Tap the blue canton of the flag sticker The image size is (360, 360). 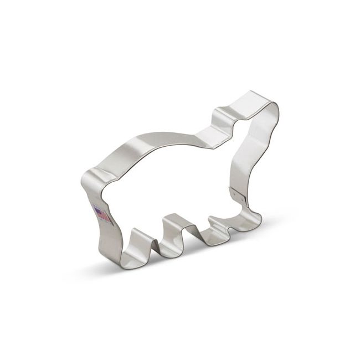click(x=97, y=210)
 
